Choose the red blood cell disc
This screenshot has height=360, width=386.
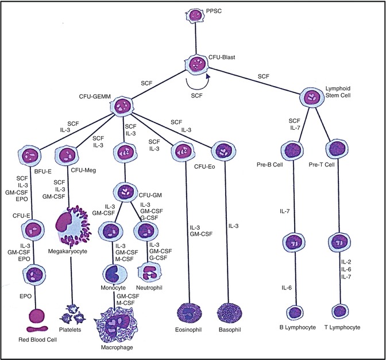click(x=35, y=318)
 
